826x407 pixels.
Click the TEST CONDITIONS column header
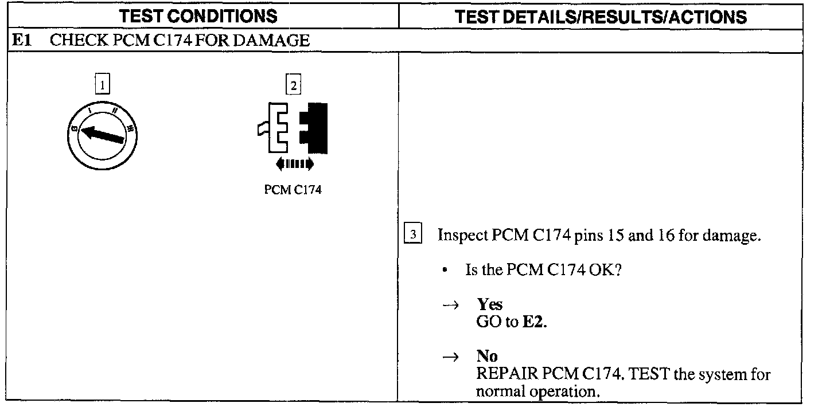[x=198, y=16]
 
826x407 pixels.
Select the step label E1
[x=21, y=41]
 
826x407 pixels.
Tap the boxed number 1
[x=102, y=85]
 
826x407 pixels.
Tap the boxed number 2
[x=293, y=85]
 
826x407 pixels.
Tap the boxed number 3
[x=413, y=235]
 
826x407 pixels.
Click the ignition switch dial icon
[x=103, y=135]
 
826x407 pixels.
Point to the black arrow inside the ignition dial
[x=103, y=135]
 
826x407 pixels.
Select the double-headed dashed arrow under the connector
[x=294, y=165]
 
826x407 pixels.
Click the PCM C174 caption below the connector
[x=293, y=190]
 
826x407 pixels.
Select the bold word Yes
[x=489, y=305]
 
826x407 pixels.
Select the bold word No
[x=487, y=357]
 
